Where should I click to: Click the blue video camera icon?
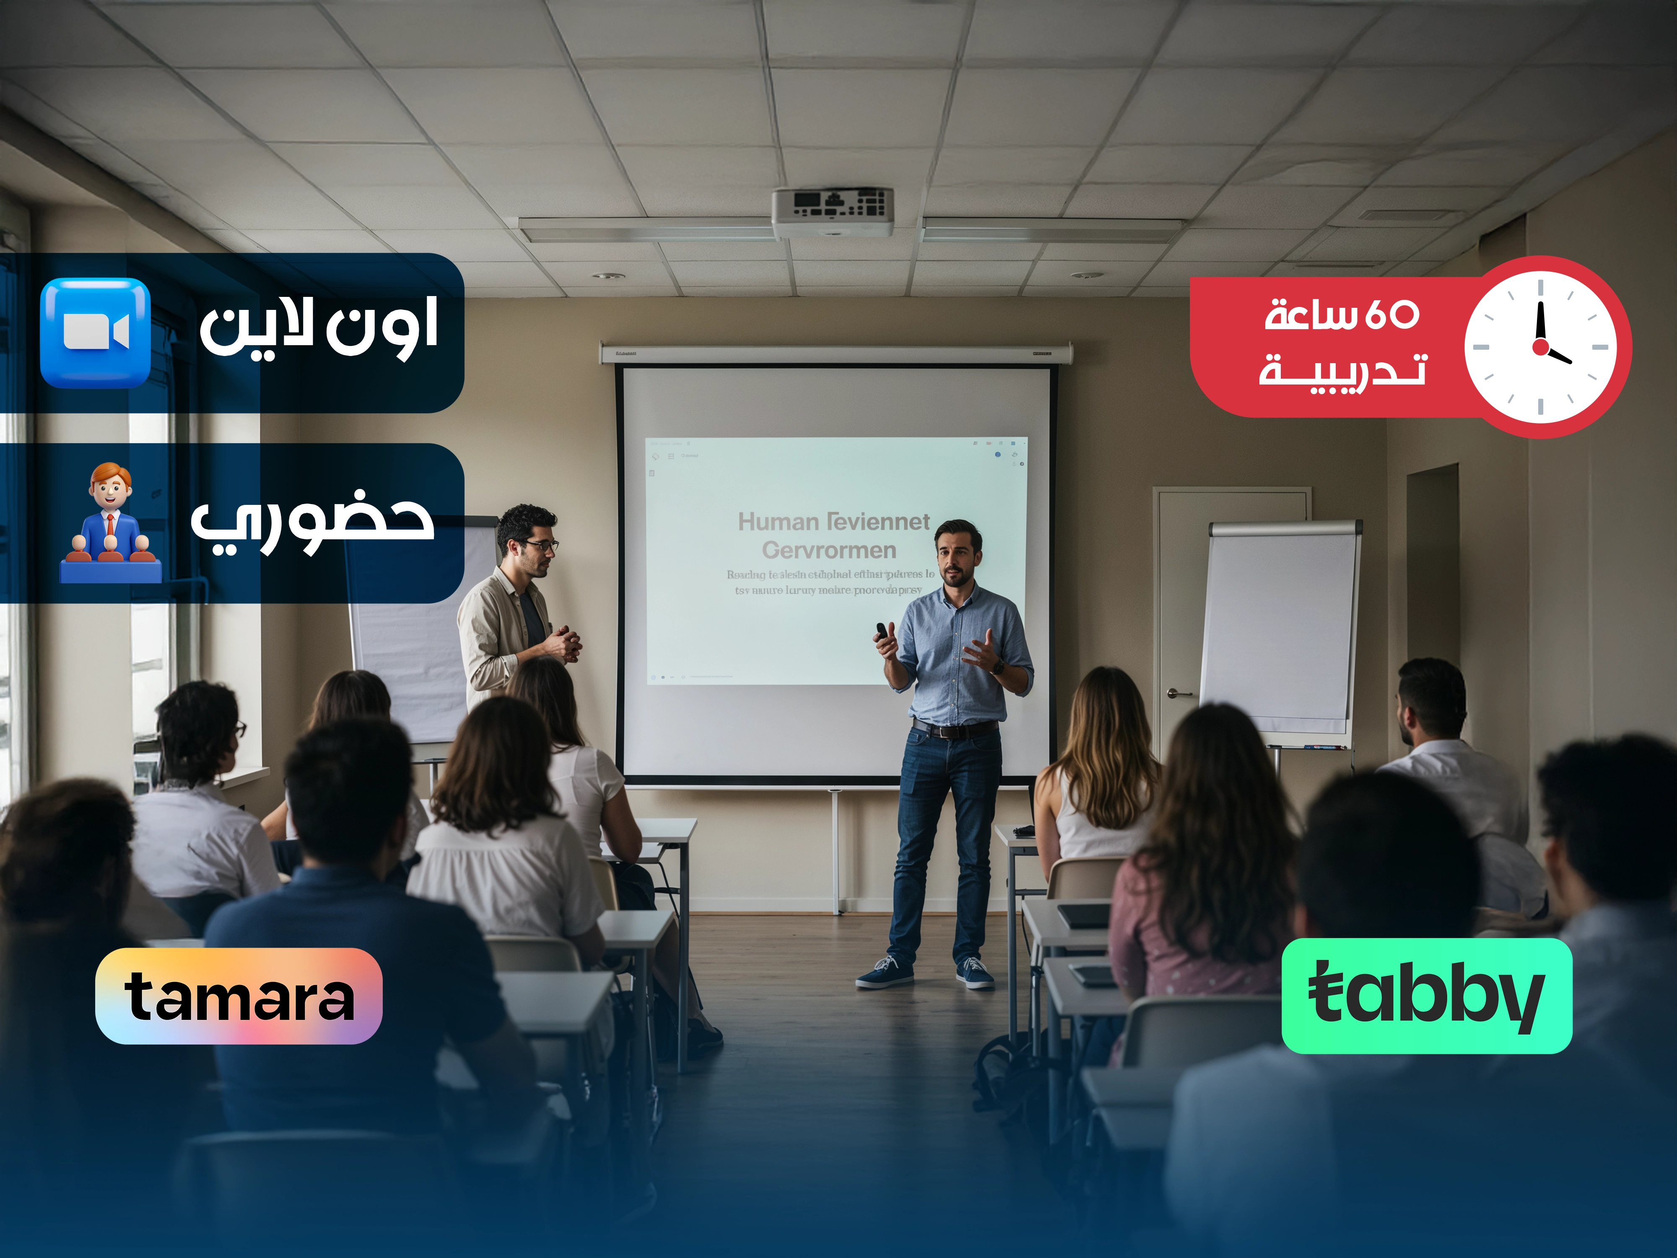tap(96, 333)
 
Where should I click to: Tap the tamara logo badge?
tap(239, 995)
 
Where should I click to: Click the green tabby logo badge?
tap(1426, 995)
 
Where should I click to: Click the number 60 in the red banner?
tap(1392, 314)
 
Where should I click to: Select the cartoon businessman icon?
tap(111, 523)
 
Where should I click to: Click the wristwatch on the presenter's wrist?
tap(998, 667)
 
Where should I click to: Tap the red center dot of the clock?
tap(1540, 347)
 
